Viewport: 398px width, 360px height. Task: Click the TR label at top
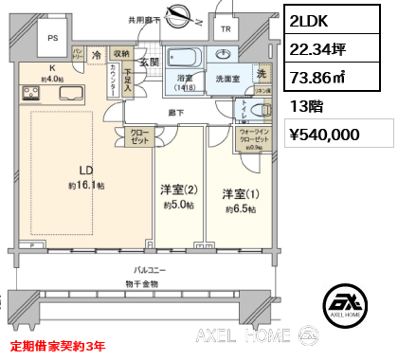225,29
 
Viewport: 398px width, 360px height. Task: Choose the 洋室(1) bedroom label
239,193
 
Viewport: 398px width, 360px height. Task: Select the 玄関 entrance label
150,63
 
